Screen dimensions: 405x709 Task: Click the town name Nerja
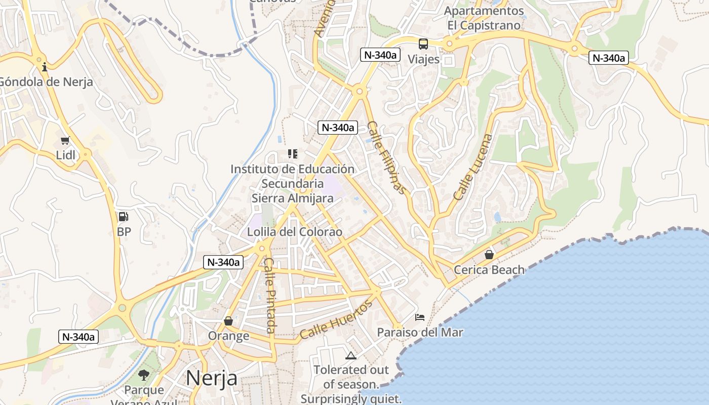pyautogui.click(x=211, y=378)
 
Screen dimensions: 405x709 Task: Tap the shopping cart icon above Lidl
pyautogui.click(x=65, y=140)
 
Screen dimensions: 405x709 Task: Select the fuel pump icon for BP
pyautogui.click(x=123, y=217)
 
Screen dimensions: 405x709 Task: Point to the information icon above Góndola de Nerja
pyautogui.click(x=45, y=66)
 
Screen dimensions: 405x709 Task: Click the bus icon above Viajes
pyautogui.click(x=423, y=44)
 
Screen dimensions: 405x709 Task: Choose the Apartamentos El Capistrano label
pyautogui.click(x=484, y=18)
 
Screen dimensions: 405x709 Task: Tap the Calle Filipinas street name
pyautogui.click(x=386, y=157)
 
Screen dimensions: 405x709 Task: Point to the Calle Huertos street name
pyautogui.click(x=336, y=319)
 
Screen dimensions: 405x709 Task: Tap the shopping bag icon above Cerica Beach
pyautogui.click(x=489, y=255)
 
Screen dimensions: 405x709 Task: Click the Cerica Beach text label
pyautogui.click(x=489, y=269)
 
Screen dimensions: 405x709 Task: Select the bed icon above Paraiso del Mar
pyautogui.click(x=420, y=317)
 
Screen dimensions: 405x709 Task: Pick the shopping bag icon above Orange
pyautogui.click(x=228, y=321)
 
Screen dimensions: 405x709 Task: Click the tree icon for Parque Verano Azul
pyautogui.click(x=144, y=375)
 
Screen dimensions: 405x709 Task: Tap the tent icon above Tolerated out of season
pyautogui.click(x=351, y=355)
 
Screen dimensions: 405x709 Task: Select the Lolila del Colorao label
pyautogui.click(x=295, y=232)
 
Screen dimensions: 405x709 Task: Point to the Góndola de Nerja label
pyautogui.click(x=46, y=82)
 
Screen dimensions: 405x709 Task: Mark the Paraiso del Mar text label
pyautogui.click(x=420, y=333)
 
